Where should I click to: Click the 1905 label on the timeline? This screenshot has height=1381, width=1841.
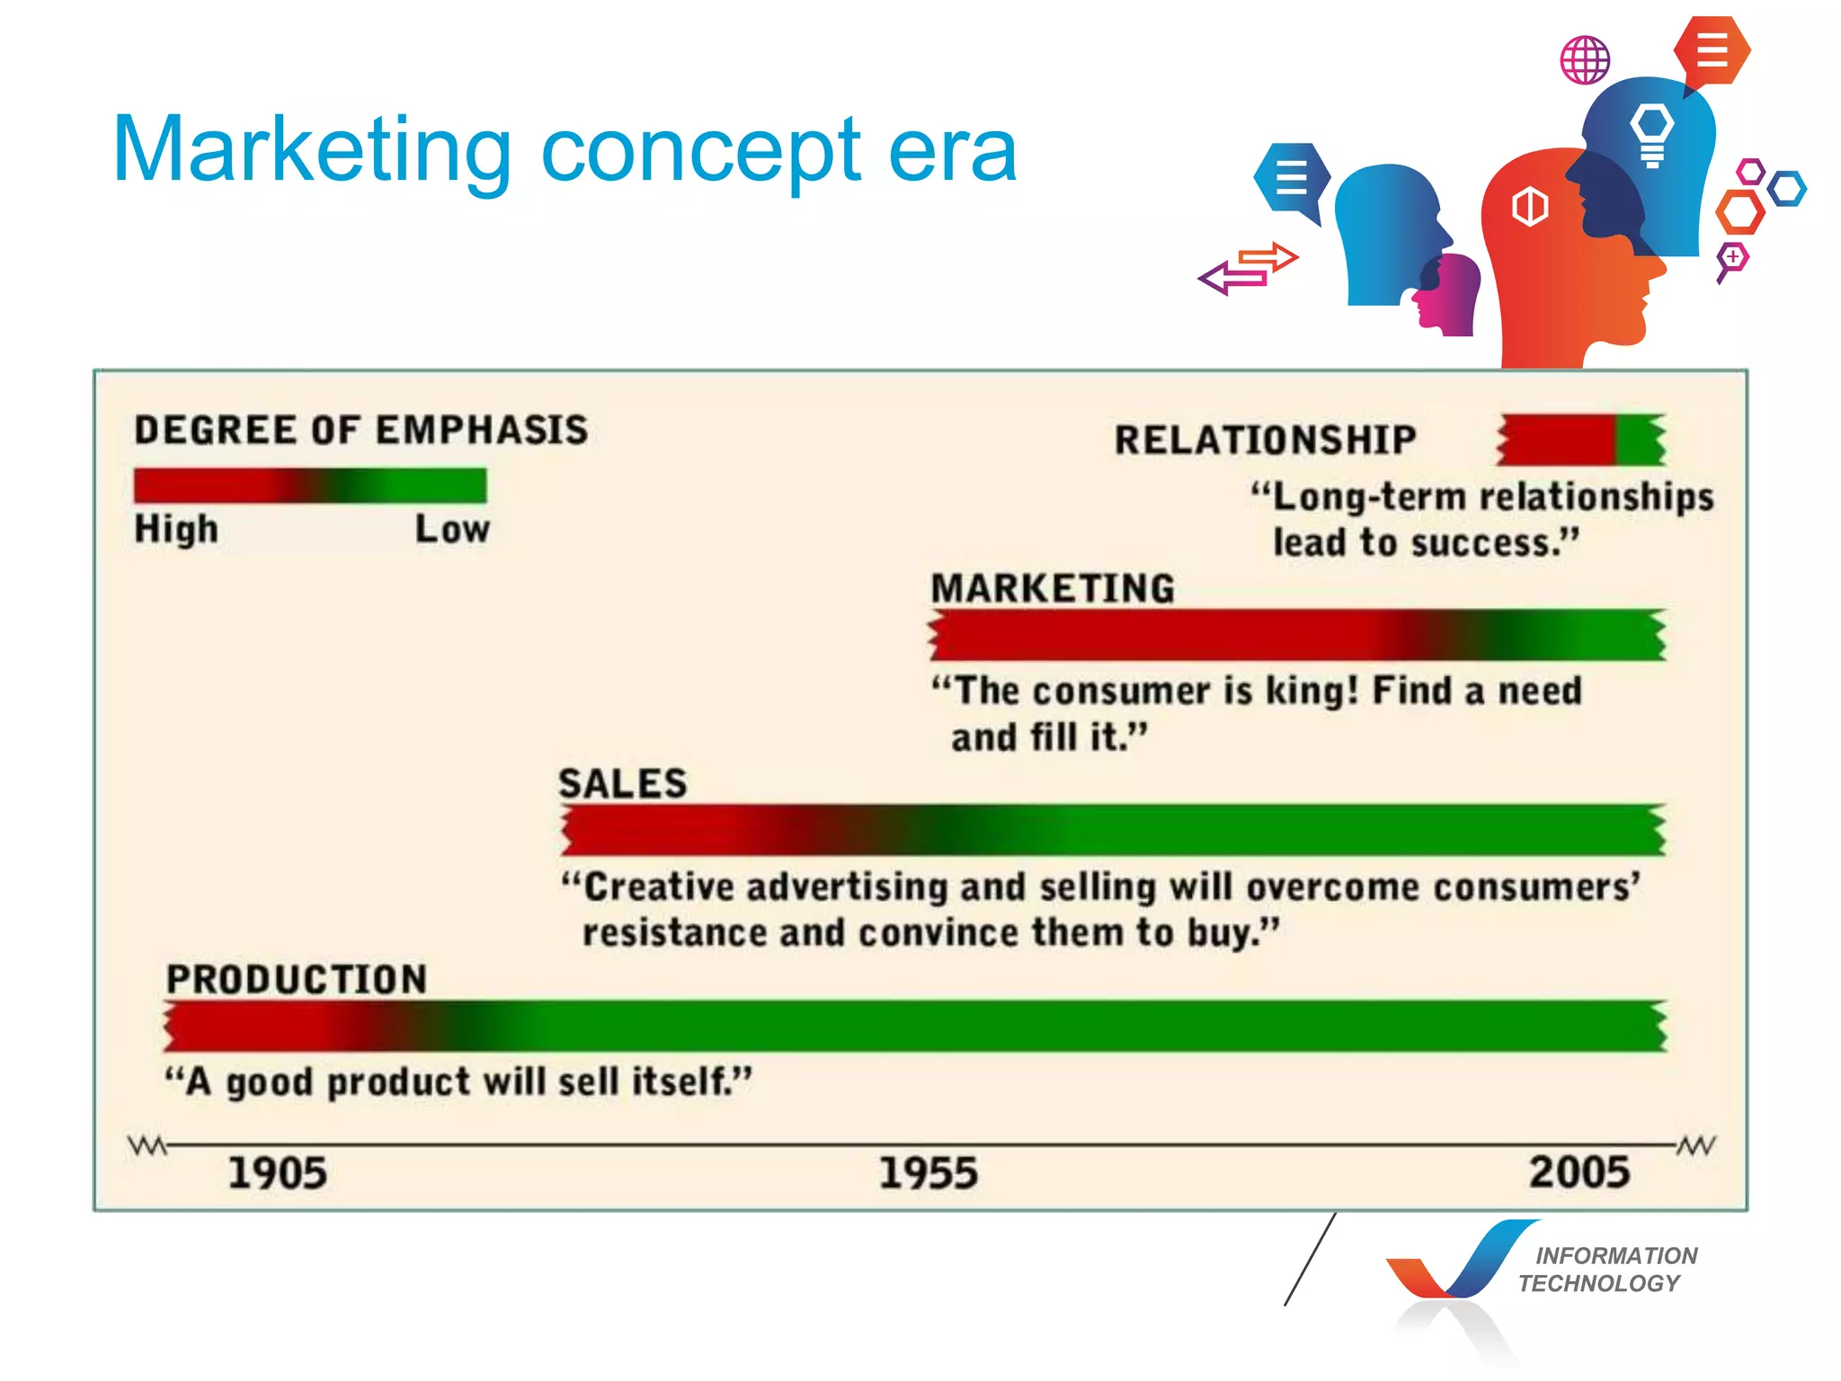coord(277,1173)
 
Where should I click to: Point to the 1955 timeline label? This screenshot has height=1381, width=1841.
coord(928,1173)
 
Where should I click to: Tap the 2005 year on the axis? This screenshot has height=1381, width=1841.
coord(1579,1172)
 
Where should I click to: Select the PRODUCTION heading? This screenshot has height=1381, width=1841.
coord(297,979)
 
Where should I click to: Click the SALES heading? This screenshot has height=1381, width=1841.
coord(622,783)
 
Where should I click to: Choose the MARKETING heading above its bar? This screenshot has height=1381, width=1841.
coord(1053,589)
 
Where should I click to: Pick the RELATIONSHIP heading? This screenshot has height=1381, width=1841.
coord(1265,440)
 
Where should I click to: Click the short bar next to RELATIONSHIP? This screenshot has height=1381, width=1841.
coord(1581,440)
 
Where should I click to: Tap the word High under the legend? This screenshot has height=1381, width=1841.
coord(176,529)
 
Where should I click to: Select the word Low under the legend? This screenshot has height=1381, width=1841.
coord(452,529)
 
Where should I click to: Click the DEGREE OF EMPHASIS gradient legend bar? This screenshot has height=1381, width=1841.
coord(310,486)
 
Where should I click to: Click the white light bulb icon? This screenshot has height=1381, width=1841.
coord(1652,133)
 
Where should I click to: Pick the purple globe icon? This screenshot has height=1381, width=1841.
coord(1585,60)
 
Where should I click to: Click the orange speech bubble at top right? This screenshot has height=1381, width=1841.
coord(1712,50)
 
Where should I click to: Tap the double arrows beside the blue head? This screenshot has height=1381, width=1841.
coord(1250,268)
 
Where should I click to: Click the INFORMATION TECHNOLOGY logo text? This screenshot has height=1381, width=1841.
coord(1609,1269)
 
